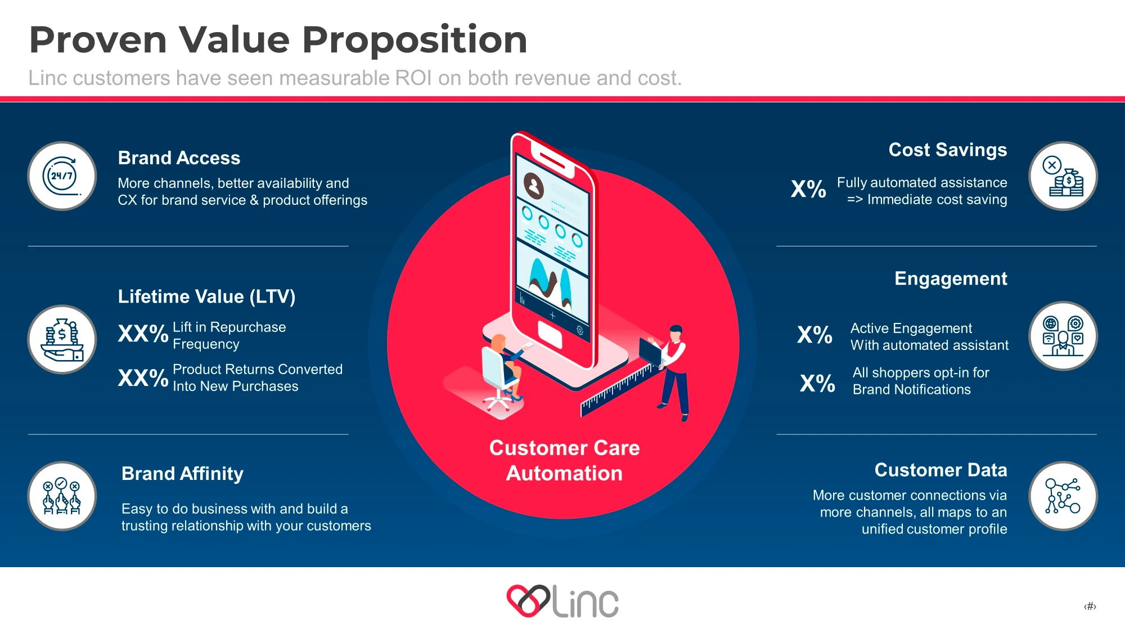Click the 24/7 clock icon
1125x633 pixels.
point(62,176)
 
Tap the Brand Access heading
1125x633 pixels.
point(179,158)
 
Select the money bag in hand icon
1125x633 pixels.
point(62,339)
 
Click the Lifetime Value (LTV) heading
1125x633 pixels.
point(206,297)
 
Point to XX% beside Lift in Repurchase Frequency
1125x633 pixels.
point(143,334)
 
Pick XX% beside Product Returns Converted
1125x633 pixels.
point(143,378)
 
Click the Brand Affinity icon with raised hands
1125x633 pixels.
point(62,496)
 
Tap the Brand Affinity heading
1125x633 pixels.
point(182,474)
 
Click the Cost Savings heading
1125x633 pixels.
point(948,150)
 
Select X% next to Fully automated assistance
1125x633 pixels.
point(808,188)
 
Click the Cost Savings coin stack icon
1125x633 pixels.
point(1063,176)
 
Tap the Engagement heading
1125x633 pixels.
point(951,279)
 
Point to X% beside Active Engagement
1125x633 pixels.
point(814,335)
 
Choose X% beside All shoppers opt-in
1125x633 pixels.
point(817,383)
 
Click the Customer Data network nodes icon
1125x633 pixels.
point(1063,496)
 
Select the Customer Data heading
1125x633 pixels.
point(940,470)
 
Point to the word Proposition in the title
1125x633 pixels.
point(415,41)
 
